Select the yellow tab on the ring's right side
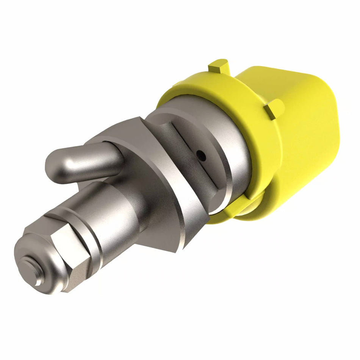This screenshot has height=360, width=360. [274, 108]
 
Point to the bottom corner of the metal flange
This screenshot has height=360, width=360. [178, 246]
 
